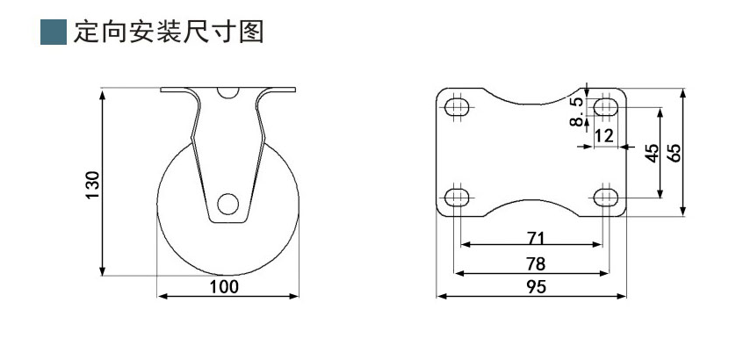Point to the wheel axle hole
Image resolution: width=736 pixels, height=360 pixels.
228,205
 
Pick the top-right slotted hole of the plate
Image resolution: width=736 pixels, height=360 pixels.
604,107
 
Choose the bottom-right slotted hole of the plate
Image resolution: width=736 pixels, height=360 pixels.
604,196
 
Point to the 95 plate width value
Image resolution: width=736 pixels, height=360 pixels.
535,286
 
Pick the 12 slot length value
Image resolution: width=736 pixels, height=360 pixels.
603,135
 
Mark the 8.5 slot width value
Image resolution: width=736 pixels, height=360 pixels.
576,112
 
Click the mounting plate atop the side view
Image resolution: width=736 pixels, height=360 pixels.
227,90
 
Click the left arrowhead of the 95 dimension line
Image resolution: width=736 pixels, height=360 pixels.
441,296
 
